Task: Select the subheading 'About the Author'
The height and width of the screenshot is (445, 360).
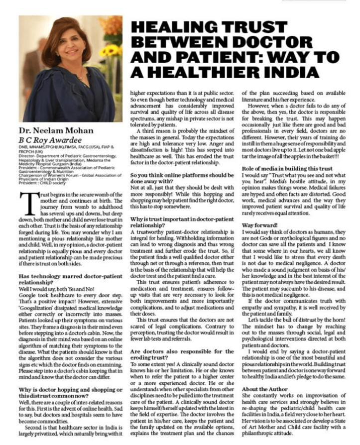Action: pos(265,388)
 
